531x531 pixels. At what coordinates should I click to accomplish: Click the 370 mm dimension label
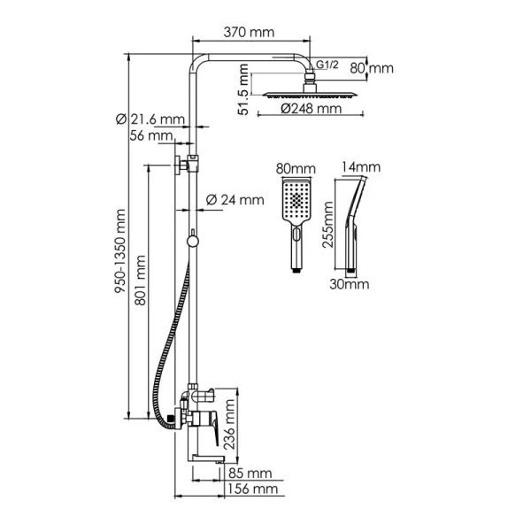tap(249, 33)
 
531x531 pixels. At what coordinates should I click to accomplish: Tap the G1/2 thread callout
tap(327, 63)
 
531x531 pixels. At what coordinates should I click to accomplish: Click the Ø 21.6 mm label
tap(150, 119)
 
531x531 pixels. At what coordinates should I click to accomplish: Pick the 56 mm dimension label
tap(150, 135)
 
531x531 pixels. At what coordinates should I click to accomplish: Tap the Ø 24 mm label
tap(235, 200)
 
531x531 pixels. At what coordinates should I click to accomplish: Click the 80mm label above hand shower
tap(295, 168)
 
